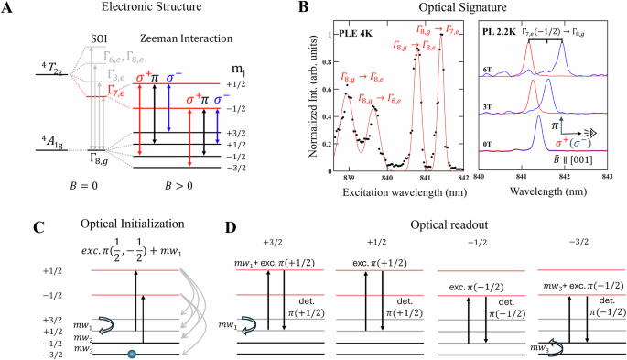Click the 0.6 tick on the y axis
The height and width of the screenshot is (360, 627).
click(328, 87)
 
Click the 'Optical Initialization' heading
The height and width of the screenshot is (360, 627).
click(113, 225)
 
